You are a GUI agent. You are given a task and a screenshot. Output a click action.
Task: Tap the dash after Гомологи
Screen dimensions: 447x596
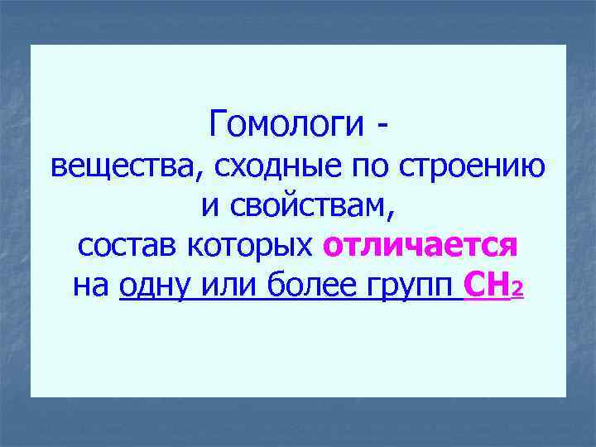[381, 127]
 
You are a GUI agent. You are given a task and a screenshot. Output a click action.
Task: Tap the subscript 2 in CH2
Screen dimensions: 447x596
[517, 291]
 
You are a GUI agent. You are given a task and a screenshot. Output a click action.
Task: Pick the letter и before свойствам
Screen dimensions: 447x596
[209, 206]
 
